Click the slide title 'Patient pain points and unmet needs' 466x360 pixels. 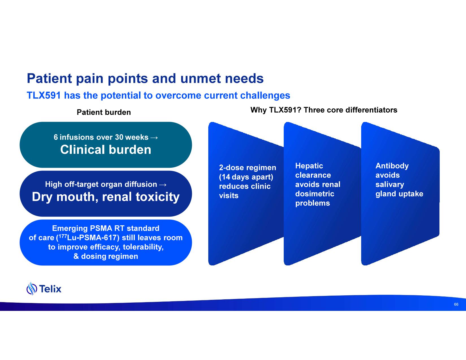click(x=145, y=78)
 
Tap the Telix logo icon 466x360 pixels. click(x=32, y=289)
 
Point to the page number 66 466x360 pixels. click(x=456, y=304)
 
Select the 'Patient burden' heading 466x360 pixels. click(x=104, y=112)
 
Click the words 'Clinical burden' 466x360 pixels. click(x=106, y=150)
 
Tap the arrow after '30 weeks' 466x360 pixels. click(x=154, y=138)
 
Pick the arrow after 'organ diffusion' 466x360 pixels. click(x=163, y=185)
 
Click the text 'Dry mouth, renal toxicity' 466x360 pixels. click(x=106, y=197)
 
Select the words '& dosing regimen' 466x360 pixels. click(x=106, y=256)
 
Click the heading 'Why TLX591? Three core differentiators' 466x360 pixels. click(x=324, y=110)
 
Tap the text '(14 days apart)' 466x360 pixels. click(x=246, y=177)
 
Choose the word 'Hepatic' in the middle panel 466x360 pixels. click(x=309, y=166)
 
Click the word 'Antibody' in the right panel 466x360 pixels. click(x=392, y=166)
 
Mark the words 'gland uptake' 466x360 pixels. click(x=399, y=194)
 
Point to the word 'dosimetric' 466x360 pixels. click(x=315, y=194)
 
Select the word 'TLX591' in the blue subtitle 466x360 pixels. click(x=44, y=95)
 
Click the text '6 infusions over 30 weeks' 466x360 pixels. click(x=101, y=137)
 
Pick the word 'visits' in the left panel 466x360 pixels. click(x=229, y=196)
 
